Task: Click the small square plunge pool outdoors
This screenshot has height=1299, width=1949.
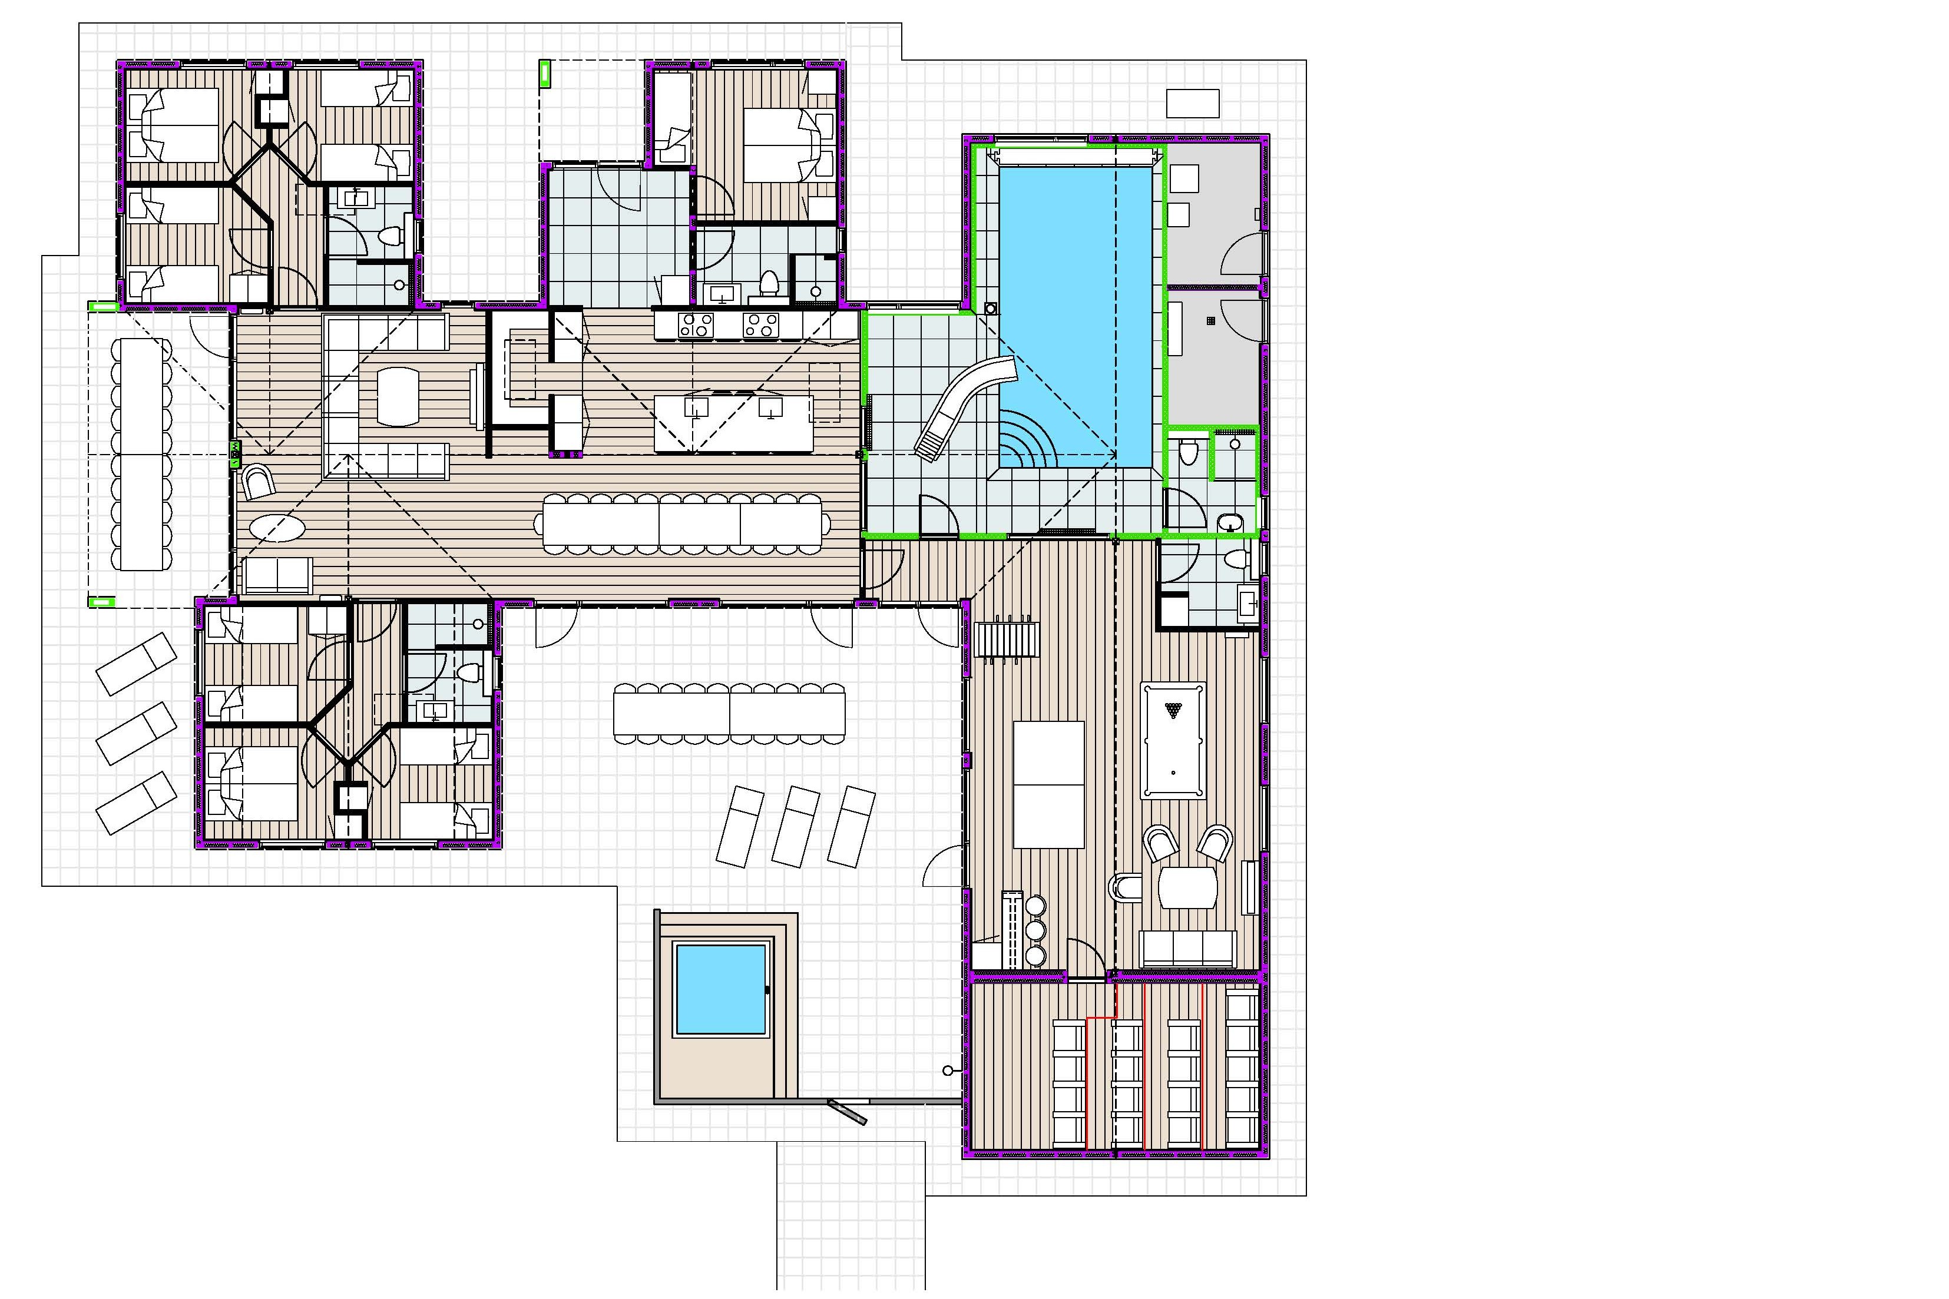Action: click(x=720, y=989)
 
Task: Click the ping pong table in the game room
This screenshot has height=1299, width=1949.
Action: click(x=1048, y=784)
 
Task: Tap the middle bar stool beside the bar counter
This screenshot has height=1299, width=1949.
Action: click(x=1035, y=930)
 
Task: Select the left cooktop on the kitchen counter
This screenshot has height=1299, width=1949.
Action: click(x=696, y=325)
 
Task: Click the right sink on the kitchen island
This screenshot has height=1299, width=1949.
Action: click(x=770, y=407)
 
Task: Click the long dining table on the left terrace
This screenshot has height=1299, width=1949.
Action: click(x=141, y=454)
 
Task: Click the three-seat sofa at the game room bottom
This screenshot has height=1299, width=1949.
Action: click(x=1188, y=949)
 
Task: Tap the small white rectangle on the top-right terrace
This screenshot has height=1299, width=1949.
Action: click(x=1193, y=104)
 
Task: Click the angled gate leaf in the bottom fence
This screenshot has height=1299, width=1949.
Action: click(x=847, y=1112)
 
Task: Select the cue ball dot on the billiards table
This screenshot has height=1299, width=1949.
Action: click(x=1173, y=772)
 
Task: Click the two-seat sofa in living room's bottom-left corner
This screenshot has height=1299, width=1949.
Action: click(x=277, y=574)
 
